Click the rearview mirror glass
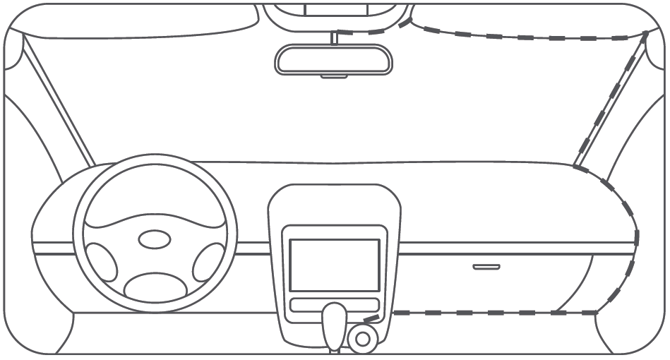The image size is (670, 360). (333, 59)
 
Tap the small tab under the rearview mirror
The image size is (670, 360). (333, 76)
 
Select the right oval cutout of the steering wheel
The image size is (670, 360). (208, 263)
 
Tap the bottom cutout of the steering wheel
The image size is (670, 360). (155, 286)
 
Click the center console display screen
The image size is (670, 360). (335, 265)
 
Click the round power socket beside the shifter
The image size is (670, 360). (363, 339)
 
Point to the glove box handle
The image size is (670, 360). (486, 267)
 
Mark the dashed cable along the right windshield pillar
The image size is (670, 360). (611, 99)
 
